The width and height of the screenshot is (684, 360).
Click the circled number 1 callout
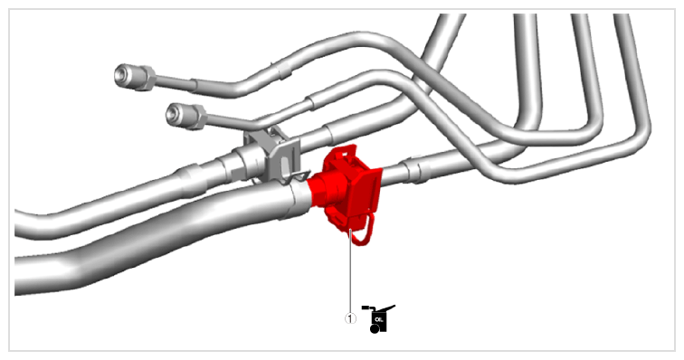point(350,318)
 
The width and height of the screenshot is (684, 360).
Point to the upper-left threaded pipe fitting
point(135,77)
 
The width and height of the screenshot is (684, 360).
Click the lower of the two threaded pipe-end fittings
point(185,115)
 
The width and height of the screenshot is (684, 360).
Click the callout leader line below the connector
point(351,270)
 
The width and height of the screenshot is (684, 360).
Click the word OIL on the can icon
point(378,320)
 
